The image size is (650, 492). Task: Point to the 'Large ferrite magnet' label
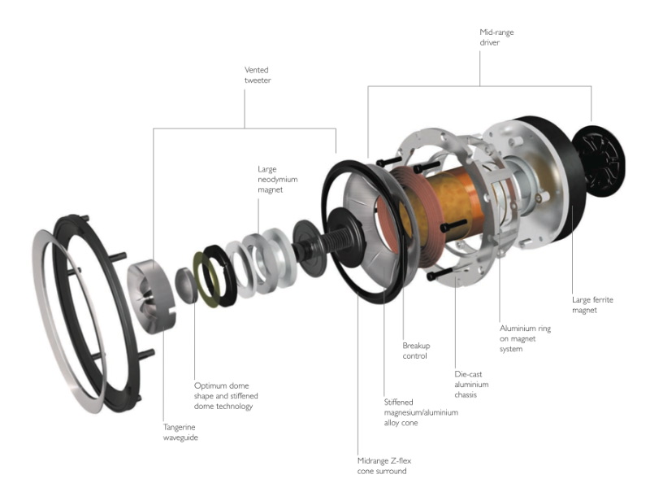click(592, 305)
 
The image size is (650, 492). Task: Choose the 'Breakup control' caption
click(416, 350)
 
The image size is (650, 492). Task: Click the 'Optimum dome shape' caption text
click(223, 395)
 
